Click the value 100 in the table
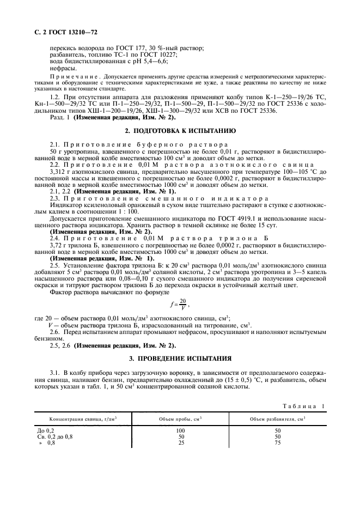[180, 430]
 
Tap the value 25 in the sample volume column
[180, 443]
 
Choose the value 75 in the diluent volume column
[277, 443]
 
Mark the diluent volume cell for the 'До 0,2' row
[277, 430]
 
